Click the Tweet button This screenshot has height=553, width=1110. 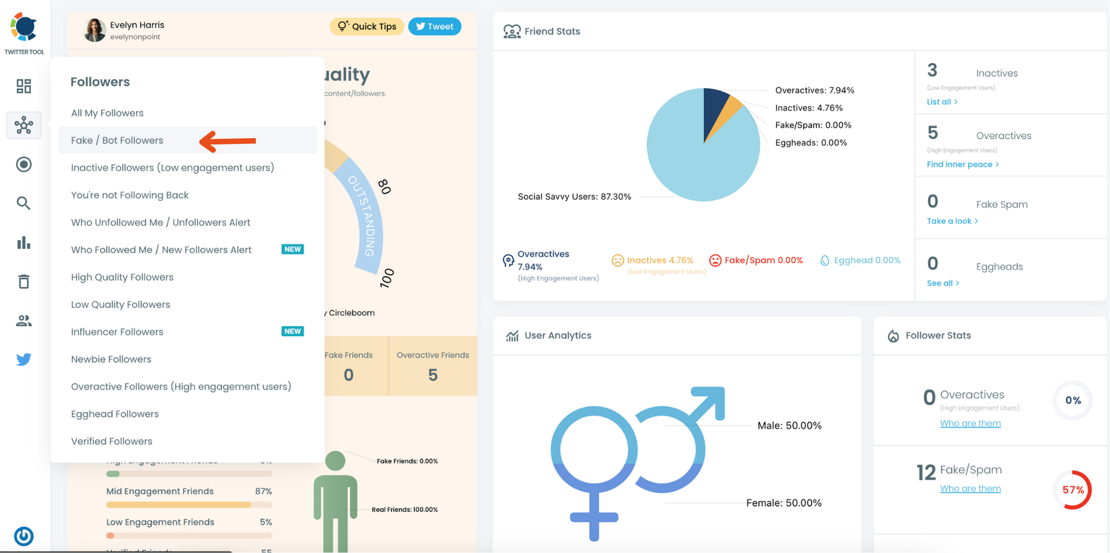pos(435,27)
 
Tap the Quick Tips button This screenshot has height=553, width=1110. pos(367,27)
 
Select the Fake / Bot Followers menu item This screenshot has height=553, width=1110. pos(117,140)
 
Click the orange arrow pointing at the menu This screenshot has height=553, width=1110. pos(228,141)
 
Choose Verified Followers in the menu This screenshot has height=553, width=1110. pos(112,442)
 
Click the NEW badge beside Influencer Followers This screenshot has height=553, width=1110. pos(292,332)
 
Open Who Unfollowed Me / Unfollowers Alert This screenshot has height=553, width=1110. pos(160,222)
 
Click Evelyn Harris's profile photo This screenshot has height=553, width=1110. pos(95,31)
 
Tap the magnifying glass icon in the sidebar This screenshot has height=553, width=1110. pos(23,204)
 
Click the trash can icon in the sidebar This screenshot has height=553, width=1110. pos(23,282)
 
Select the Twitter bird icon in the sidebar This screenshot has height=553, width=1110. pos(23,359)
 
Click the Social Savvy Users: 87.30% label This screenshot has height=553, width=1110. pos(574,197)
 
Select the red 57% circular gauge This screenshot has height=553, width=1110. pos(1073,490)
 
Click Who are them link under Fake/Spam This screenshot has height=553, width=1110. pos(970,489)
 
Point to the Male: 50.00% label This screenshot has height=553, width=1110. pos(789,426)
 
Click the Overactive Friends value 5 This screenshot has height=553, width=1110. pos(433,376)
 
